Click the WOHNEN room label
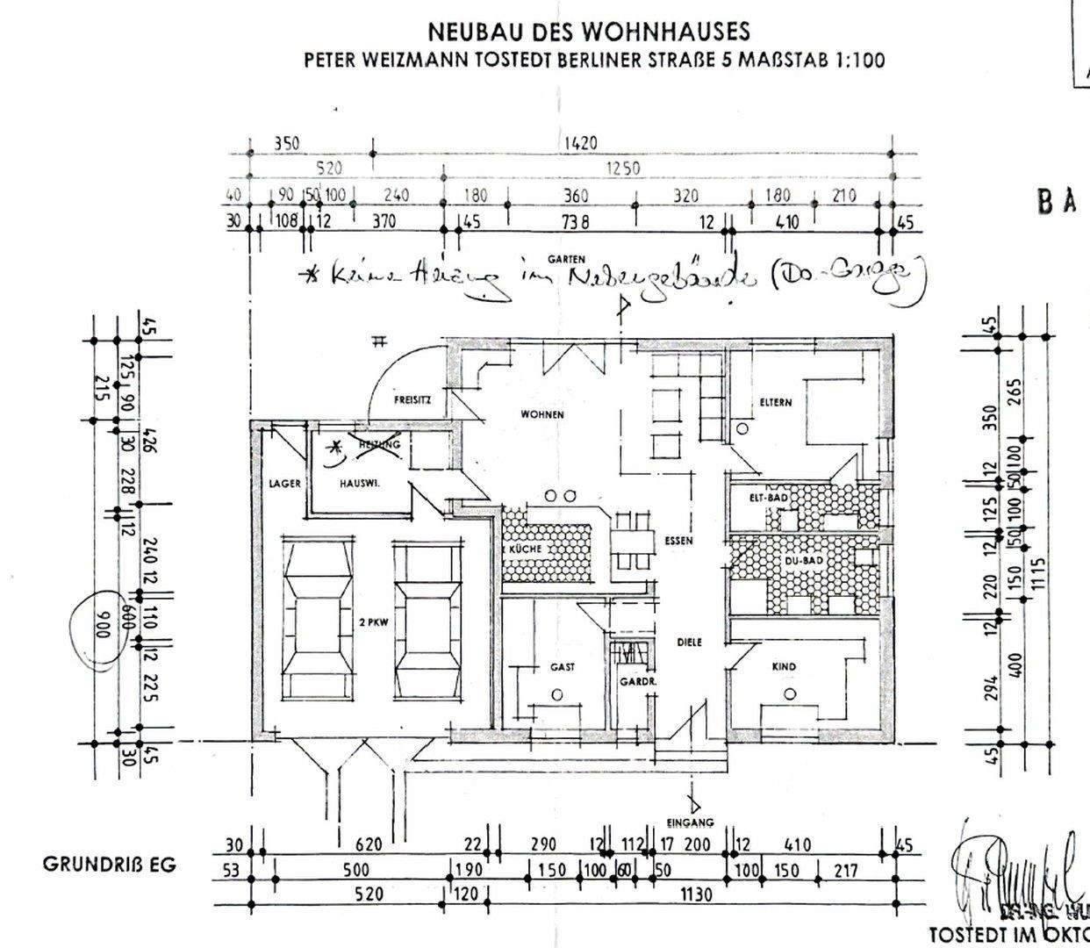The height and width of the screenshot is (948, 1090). (x=541, y=414)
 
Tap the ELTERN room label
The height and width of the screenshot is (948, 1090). (x=776, y=403)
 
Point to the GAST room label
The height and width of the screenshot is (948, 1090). (x=563, y=667)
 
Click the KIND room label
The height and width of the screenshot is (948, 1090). (x=784, y=667)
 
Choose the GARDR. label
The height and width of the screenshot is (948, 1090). (x=632, y=681)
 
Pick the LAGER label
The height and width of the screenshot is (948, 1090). (x=285, y=484)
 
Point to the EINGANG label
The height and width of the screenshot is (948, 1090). (x=690, y=822)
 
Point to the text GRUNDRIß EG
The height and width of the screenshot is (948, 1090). (x=109, y=865)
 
